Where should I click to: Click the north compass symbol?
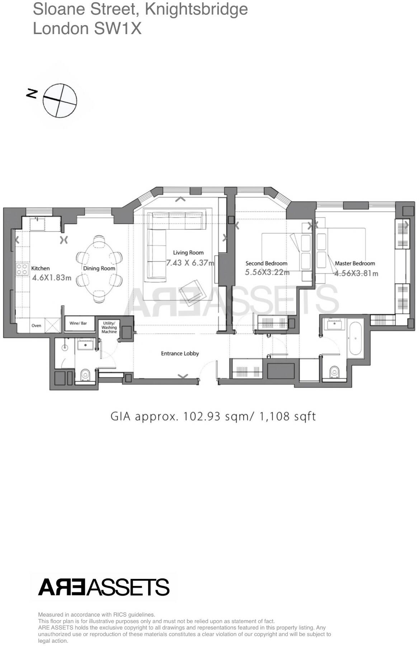[59, 100]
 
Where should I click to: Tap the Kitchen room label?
[40, 268]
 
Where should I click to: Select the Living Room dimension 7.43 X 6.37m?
[190, 263]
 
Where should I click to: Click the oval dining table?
[99, 269]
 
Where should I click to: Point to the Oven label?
[36, 326]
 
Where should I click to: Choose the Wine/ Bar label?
[78, 323]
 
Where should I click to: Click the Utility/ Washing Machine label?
[109, 327]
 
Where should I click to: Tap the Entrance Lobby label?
[180, 354]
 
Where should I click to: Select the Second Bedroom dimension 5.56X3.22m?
[267, 272]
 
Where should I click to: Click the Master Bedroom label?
[355, 263]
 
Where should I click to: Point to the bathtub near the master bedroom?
[355, 338]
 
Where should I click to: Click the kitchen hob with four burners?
[22, 269]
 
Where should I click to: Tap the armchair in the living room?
[193, 291]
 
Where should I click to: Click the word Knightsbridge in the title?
[196, 9]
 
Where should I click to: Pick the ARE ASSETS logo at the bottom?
[104, 588]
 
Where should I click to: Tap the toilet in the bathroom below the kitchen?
[85, 375]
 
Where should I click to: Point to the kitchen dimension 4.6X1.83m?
[52, 277]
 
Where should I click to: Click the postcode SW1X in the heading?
[118, 28]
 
